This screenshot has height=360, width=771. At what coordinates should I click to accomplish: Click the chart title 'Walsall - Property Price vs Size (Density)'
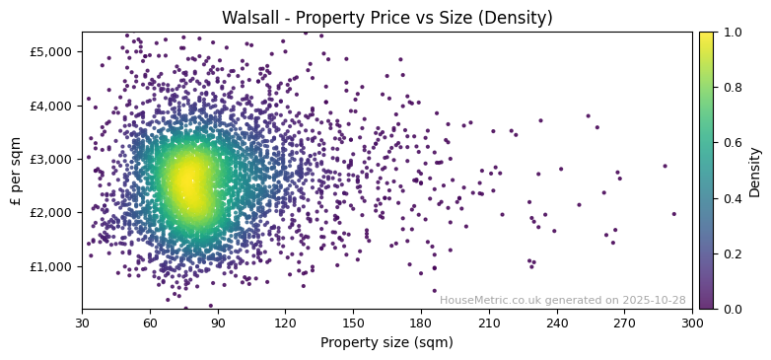tap(386, 18)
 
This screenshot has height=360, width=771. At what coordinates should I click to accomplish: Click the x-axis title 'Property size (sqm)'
tap(386, 343)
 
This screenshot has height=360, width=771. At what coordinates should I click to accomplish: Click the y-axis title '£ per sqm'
tap(16, 171)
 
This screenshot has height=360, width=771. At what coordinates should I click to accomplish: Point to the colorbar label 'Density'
tap(755, 171)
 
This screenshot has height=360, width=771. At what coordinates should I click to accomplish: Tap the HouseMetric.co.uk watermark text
tap(562, 300)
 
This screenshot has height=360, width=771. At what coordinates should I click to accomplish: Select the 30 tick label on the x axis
tap(82, 323)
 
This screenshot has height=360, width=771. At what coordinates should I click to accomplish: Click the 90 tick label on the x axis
tap(218, 323)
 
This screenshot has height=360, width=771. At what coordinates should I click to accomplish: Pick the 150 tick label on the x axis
tap(353, 323)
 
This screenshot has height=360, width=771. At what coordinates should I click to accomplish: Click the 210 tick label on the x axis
tap(489, 323)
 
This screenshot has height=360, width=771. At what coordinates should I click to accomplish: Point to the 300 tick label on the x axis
tap(692, 323)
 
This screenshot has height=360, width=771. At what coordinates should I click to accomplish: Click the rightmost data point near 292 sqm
tap(674, 214)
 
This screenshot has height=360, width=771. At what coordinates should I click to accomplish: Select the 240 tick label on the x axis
tap(557, 323)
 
